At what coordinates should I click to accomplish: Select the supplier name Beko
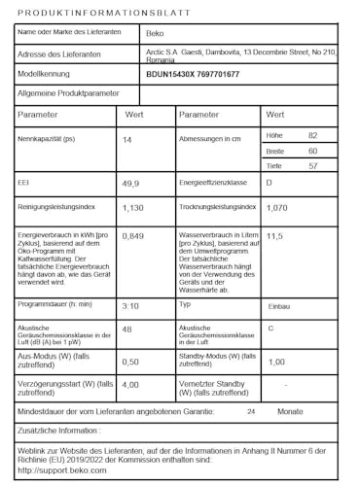pos(155,33)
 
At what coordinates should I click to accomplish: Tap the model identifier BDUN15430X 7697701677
pos(192,74)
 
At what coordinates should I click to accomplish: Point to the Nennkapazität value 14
pos(127,140)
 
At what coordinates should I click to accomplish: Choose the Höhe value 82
pos(312,135)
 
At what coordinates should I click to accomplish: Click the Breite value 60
pos(312,151)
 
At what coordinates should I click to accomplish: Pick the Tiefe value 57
pos(312,166)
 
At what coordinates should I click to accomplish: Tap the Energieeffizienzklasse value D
pos(270,183)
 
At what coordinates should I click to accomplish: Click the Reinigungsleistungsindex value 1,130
pos(133,208)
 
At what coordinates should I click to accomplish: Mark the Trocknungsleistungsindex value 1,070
pos(277,208)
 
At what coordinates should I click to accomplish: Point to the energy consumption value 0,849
pos(133,236)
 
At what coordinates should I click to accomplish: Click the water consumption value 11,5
pos(274,236)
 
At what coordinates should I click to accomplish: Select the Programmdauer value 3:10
pos(130,305)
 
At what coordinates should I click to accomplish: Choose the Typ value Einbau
pos(278,305)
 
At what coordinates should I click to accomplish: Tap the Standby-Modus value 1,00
pos(275,362)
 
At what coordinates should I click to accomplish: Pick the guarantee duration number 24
pos(252,412)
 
